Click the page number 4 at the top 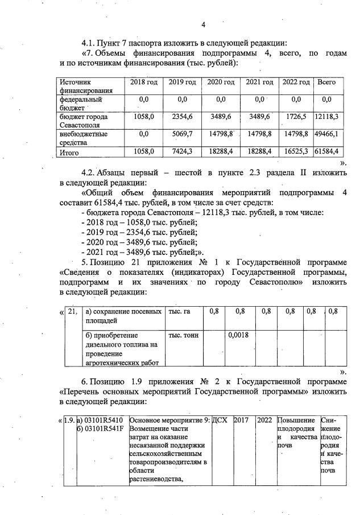pos(203,24)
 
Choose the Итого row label pos(70,153)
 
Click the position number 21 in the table pos(72,311)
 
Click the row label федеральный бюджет pos(80,102)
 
